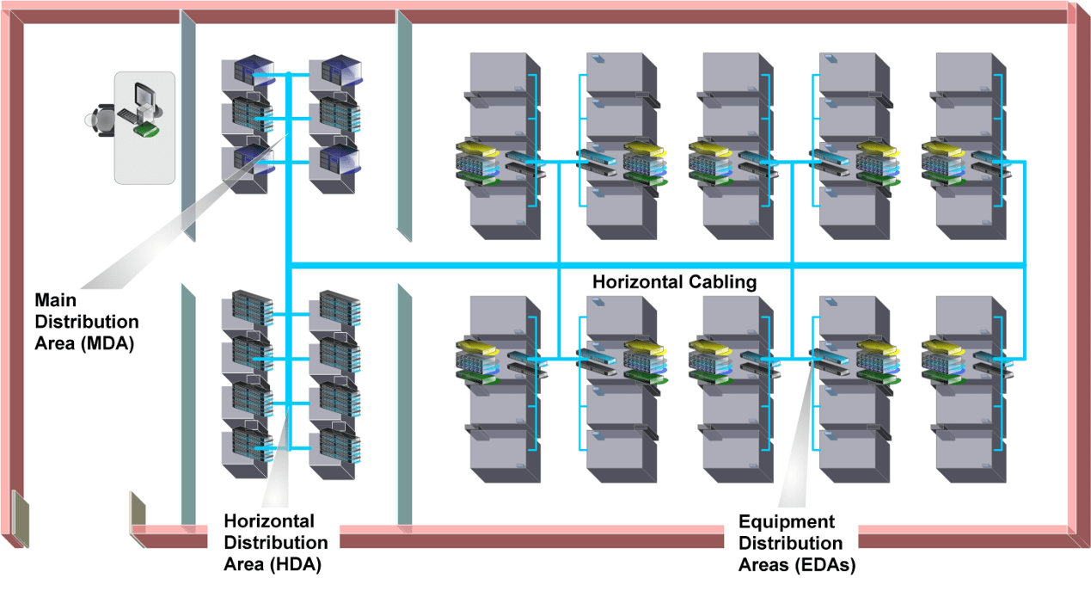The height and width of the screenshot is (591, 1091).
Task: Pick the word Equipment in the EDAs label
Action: [787, 522]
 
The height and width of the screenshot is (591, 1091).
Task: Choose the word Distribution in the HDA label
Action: [275, 544]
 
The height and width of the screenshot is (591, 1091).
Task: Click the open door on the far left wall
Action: [21, 519]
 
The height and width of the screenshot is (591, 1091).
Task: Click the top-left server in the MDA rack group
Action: [248, 74]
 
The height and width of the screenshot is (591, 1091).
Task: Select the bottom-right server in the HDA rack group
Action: [335, 446]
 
